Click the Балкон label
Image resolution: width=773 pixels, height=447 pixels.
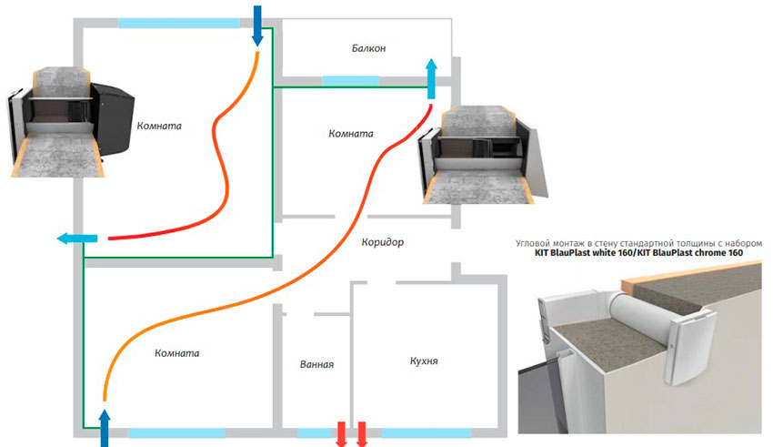[x=368, y=48]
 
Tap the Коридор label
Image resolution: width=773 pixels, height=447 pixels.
[x=383, y=242]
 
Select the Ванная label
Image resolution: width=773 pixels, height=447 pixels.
[x=316, y=364]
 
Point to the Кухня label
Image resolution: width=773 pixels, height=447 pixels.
[x=424, y=361]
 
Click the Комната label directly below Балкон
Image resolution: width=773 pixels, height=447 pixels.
[x=350, y=133]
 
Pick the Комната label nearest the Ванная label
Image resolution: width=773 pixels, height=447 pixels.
[x=177, y=353]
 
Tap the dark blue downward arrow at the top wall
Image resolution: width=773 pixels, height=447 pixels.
[x=256, y=25]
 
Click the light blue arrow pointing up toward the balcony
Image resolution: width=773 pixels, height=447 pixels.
[x=431, y=79]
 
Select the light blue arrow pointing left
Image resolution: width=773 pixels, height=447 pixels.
[x=77, y=239]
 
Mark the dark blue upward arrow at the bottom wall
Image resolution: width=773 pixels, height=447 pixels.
[x=105, y=428]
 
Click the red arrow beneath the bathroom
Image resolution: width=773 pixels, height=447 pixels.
[x=341, y=434]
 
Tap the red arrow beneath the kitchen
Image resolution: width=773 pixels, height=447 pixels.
[x=362, y=434]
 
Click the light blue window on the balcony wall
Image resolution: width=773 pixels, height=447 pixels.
[x=350, y=81]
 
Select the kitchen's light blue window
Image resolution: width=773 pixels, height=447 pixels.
[x=426, y=433]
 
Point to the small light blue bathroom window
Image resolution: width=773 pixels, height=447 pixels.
[x=315, y=433]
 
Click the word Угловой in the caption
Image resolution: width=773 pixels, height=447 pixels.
[x=533, y=243]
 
